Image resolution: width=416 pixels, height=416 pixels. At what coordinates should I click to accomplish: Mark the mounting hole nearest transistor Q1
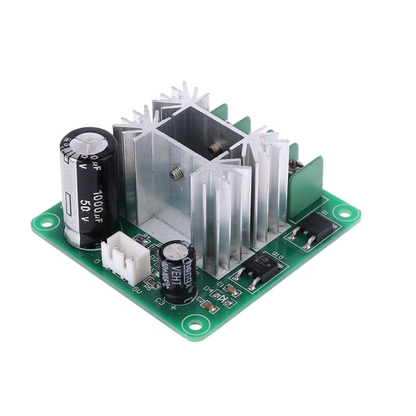(343, 211)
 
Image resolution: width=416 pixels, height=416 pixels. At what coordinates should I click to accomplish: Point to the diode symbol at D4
(226, 298)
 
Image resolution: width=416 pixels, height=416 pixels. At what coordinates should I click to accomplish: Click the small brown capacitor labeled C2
(209, 307)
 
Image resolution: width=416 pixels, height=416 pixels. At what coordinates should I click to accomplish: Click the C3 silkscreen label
(160, 301)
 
